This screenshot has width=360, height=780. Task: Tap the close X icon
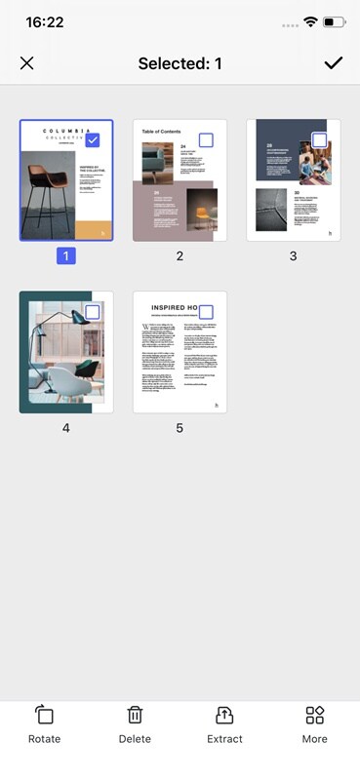(26, 63)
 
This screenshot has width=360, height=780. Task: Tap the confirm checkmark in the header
(334, 63)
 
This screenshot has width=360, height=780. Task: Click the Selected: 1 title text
(180, 63)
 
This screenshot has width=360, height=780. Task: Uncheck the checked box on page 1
(92, 140)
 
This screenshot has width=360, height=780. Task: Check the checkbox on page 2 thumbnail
(206, 140)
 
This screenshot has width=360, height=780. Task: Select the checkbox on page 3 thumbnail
(319, 140)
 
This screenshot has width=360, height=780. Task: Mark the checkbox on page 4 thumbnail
(92, 312)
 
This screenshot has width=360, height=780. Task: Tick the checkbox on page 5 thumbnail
(206, 312)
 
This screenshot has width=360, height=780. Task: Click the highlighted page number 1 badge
(66, 256)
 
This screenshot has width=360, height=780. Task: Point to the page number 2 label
(180, 256)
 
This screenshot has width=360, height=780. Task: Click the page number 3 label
(293, 256)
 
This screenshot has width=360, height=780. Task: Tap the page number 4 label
(66, 428)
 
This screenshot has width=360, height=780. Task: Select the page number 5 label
(180, 428)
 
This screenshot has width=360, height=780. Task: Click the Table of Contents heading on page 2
(161, 131)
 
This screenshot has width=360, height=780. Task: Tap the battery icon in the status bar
(334, 21)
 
